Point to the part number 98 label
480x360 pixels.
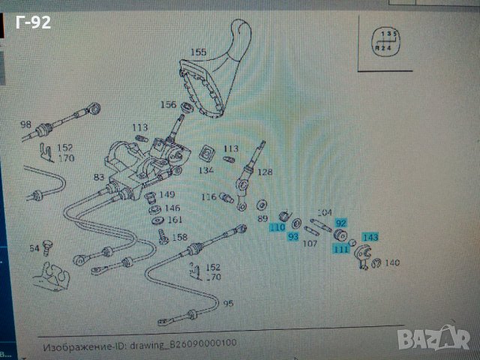point(25,124)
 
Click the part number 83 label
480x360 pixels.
point(98,177)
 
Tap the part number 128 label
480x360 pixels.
point(265,172)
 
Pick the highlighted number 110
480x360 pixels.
point(278,227)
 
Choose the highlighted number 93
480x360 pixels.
point(293,237)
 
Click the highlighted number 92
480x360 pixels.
point(341,223)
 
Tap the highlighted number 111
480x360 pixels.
point(342,249)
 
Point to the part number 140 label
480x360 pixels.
point(393,263)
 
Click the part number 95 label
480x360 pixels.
point(226,304)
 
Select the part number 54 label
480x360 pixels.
point(34,247)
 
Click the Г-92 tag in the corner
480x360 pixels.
point(32,22)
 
